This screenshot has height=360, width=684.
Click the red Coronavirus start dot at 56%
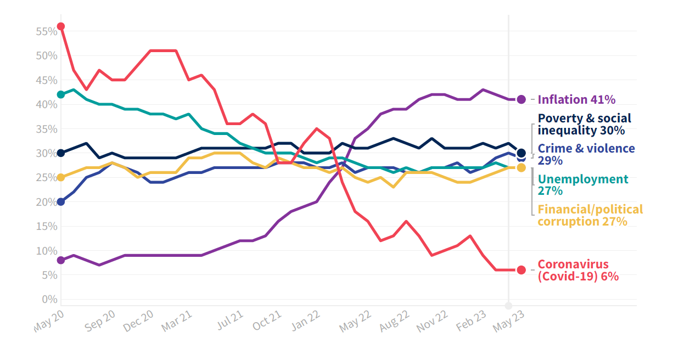(61, 26)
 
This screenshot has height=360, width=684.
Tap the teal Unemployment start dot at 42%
(61, 94)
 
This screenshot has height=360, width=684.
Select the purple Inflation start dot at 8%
(61, 260)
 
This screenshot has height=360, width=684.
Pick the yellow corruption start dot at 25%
(61, 177)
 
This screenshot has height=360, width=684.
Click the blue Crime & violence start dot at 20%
(61, 201)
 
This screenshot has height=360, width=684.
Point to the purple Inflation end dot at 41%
(522, 99)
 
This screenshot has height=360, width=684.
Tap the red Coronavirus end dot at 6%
(522, 270)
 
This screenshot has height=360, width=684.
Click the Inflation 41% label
(576, 99)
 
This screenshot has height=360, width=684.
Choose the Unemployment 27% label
(582, 185)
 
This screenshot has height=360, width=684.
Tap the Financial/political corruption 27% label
(590, 215)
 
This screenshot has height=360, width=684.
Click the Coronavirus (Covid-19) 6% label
(578, 270)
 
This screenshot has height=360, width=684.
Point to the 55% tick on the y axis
(47, 32)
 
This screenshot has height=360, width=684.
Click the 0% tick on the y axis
(49, 299)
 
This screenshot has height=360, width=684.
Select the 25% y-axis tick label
(47, 177)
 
